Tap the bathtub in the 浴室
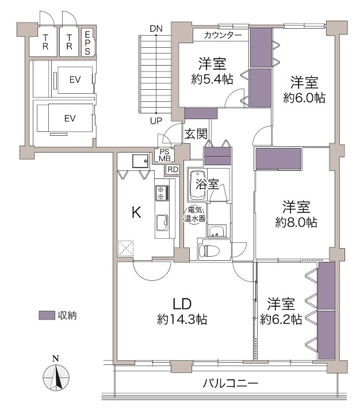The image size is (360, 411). point(197,185)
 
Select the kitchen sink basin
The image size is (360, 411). point(162,223)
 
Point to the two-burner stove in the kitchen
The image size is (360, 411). point(161,193)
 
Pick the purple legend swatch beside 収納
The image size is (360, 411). point(47,315)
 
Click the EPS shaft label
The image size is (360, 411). point(87,43)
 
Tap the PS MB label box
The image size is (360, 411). point(164,155)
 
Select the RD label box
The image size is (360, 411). point(173,170)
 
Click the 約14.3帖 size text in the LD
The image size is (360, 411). point(182,319)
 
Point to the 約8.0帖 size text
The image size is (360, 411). point(296,223)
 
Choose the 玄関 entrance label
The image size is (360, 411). point(196,134)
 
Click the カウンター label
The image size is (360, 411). point(223,35)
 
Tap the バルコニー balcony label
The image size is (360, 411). point(231,383)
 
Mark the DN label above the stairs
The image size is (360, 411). point(156,29)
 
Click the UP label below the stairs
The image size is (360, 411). point(156,121)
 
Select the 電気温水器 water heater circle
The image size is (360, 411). point(195,214)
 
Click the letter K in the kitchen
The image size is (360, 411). point(136,212)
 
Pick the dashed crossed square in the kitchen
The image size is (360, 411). point(126,248)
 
